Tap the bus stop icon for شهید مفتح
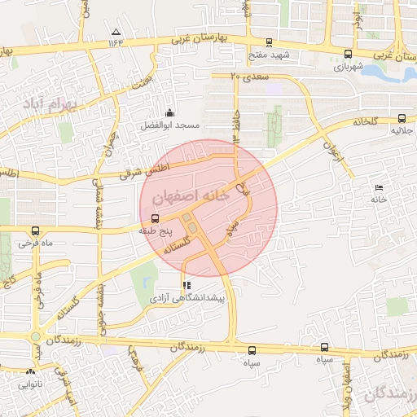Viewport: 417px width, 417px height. tap(270, 43)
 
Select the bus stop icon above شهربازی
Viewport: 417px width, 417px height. tap(339, 55)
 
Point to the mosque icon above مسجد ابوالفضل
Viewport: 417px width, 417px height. tap(169, 112)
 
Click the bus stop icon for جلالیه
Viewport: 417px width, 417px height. tap(402, 117)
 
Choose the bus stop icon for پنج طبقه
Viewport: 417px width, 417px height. tap(155, 218)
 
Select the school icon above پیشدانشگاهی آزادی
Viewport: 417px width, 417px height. tap(187, 286)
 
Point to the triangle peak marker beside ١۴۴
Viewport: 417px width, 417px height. tap(114, 33)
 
